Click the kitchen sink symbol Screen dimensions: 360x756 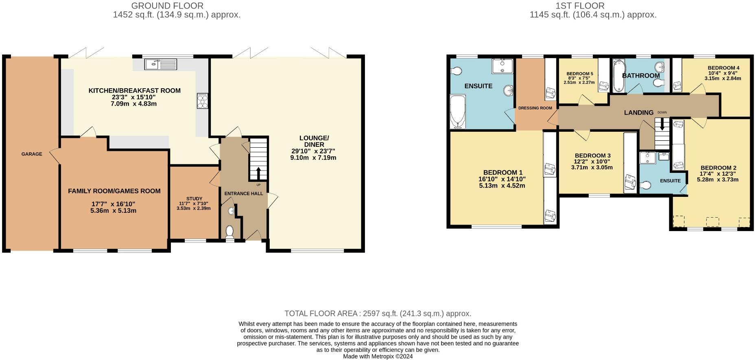[160, 64]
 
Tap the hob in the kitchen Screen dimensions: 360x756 [202, 101]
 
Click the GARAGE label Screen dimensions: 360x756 [32, 154]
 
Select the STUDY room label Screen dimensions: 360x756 [194, 199]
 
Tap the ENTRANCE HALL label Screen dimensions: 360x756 [243, 194]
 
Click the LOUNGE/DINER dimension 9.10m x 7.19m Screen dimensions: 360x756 [313, 157]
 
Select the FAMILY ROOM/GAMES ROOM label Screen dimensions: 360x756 [114, 191]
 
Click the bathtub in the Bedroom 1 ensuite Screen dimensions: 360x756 [458, 111]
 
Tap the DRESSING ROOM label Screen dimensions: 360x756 [535, 108]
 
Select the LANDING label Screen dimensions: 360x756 [638, 112]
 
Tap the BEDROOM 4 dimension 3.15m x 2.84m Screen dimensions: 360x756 [723, 79]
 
